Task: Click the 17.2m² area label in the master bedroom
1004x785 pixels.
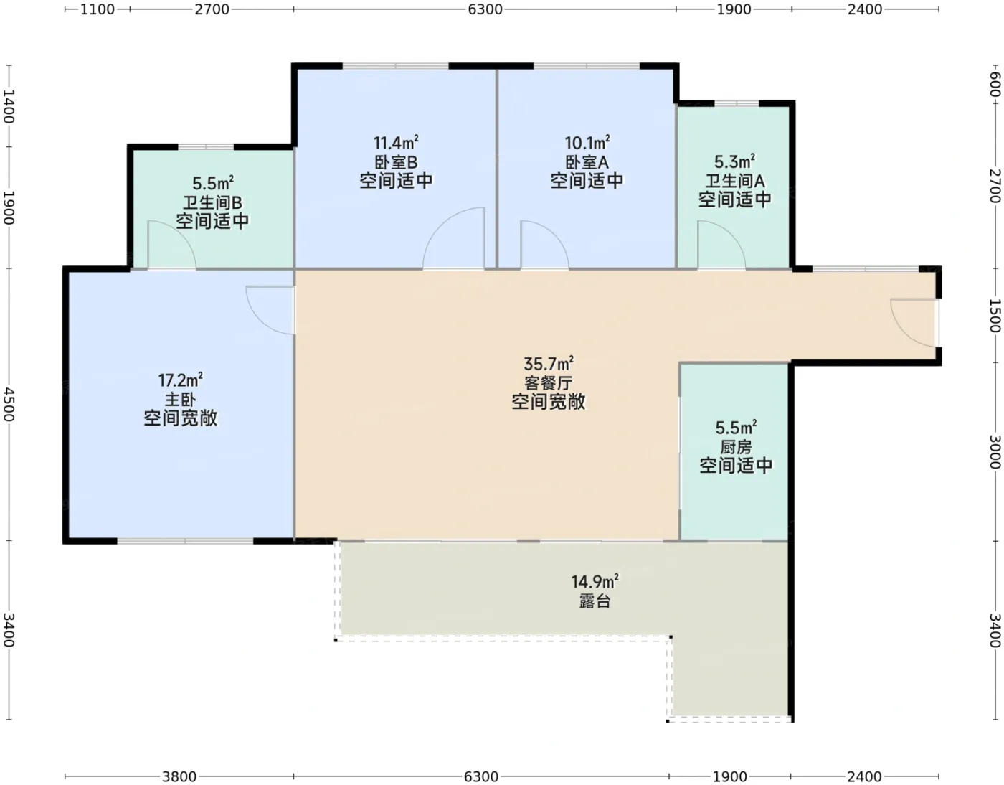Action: [180, 380]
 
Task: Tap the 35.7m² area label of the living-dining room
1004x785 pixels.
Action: [549, 363]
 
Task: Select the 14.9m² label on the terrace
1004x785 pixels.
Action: [595, 581]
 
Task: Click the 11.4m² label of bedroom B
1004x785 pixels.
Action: [396, 143]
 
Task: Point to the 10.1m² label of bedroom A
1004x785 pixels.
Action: [587, 143]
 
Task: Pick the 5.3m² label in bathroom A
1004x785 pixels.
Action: [734, 162]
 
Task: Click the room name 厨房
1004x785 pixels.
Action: [736, 446]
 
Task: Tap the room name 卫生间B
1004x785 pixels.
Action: [212, 202]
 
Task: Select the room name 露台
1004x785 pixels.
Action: [595, 601]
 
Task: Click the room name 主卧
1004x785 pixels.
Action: [180, 400]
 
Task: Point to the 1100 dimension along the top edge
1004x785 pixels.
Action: [98, 9]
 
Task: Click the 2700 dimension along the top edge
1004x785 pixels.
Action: [212, 9]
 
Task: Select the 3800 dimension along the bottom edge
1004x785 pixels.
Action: [179, 776]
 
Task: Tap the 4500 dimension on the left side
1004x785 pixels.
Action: [9, 405]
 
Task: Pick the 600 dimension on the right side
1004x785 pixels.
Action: [995, 85]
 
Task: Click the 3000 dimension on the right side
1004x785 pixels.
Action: [995, 451]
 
